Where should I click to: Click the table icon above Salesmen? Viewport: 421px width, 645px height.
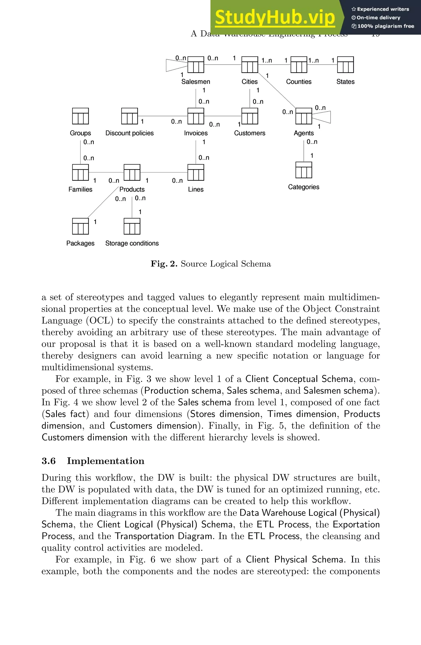coord(196,64)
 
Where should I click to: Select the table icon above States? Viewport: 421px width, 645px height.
coord(345,64)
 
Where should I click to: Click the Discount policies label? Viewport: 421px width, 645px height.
coord(130,133)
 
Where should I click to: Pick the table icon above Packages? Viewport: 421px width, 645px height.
coord(80,226)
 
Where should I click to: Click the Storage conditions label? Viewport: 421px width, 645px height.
coord(132,243)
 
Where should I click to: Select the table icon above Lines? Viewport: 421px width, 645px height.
coord(196,172)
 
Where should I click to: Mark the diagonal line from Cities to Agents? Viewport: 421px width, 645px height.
coord(277,90)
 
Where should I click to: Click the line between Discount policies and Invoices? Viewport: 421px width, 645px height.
coord(163,116)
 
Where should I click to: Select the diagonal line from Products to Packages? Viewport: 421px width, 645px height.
coord(103,202)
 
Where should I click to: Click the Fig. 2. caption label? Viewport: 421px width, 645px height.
coord(211,264)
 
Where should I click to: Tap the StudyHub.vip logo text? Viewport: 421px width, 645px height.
coord(275,17)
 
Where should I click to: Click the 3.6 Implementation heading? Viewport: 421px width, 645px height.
coord(93,461)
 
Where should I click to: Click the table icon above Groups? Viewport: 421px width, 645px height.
coord(80,116)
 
